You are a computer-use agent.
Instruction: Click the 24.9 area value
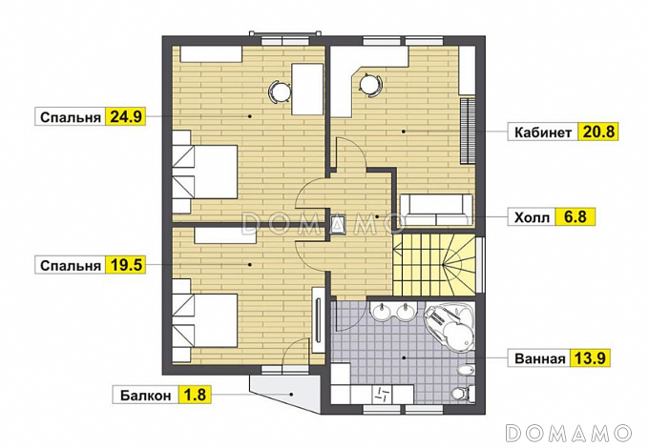(126, 117)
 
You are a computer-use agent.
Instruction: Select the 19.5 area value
(126, 265)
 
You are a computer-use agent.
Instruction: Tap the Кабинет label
(543, 132)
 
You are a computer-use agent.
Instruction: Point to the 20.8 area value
(598, 132)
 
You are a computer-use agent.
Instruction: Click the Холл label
(532, 217)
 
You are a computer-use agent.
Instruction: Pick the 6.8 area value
(576, 216)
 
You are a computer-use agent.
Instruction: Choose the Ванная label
(540, 358)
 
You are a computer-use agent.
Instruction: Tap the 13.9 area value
(591, 357)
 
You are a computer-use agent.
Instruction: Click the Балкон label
(146, 396)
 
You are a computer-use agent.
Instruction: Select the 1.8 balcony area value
(195, 395)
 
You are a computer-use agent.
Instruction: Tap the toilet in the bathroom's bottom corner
(463, 392)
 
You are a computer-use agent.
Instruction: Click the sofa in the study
(436, 211)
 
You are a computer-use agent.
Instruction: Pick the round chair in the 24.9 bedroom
(280, 91)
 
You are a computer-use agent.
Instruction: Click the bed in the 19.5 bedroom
(205, 320)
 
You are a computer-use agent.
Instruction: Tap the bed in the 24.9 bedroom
(205, 172)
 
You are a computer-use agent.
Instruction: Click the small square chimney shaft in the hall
(339, 225)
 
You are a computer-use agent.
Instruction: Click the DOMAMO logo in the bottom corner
(569, 433)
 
